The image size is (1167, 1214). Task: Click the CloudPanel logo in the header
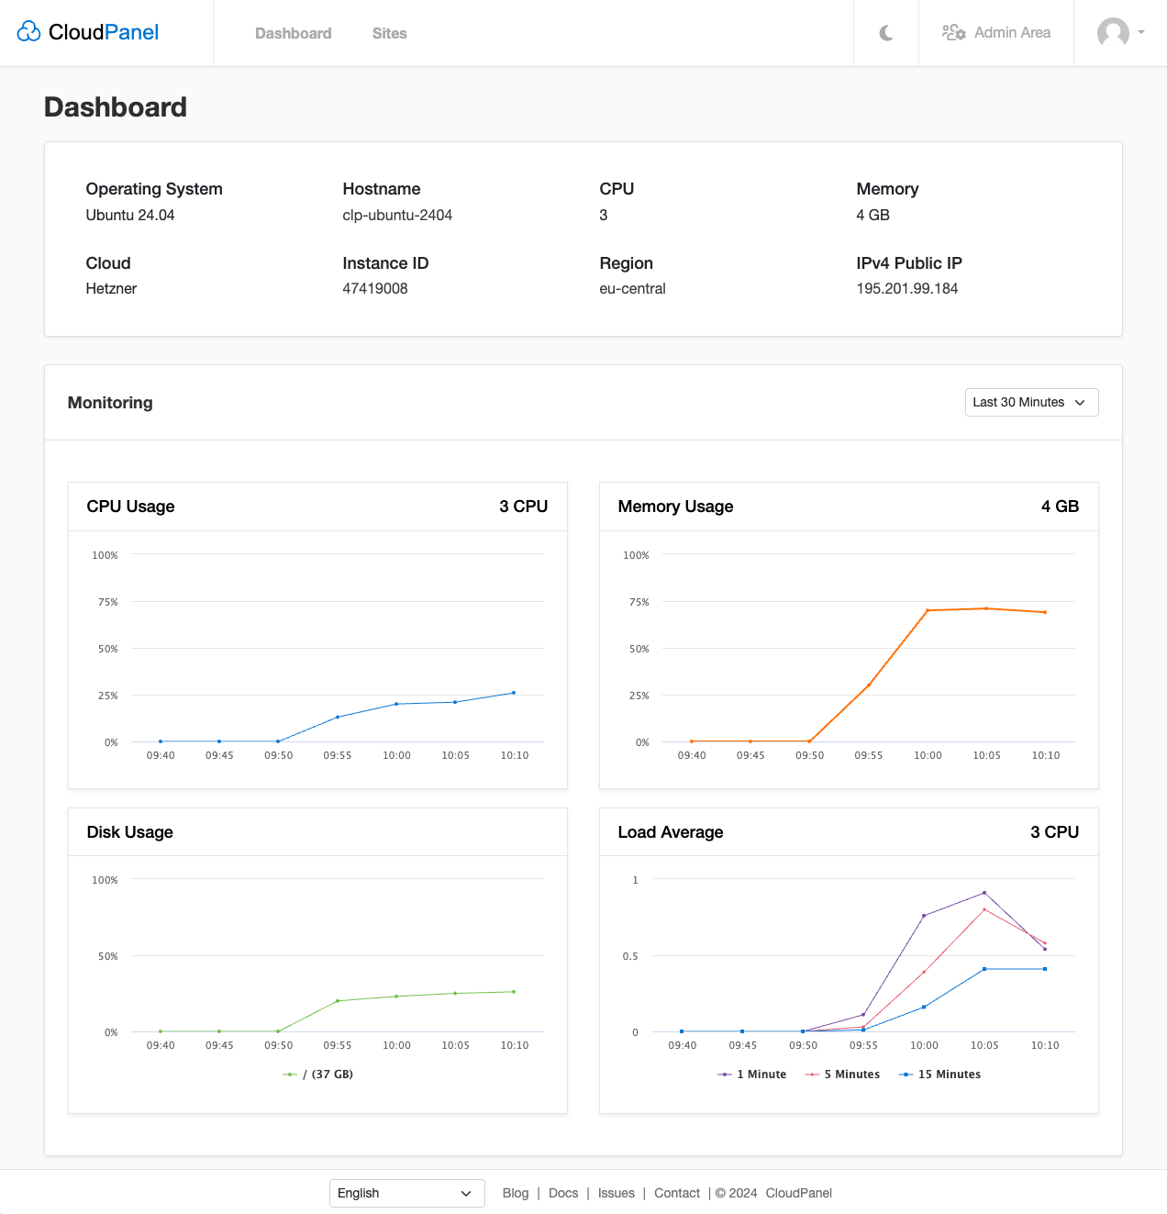(x=88, y=32)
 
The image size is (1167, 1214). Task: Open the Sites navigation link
(x=389, y=33)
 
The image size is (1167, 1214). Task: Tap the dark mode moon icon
(x=886, y=33)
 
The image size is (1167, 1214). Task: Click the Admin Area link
(x=996, y=33)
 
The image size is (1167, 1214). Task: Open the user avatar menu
(x=1120, y=33)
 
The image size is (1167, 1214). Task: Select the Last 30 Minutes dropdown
(x=1031, y=402)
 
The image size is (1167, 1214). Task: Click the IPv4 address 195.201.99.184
(x=906, y=288)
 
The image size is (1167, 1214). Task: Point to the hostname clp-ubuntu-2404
(x=397, y=215)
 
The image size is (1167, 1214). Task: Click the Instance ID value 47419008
(x=375, y=288)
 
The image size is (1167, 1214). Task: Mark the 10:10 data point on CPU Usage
(x=514, y=693)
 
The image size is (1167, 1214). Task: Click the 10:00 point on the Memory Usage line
(x=928, y=610)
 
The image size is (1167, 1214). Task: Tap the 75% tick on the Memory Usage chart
(x=639, y=602)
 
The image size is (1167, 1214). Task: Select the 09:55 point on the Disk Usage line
(x=338, y=1000)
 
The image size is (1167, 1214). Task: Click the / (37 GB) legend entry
(x=318, y=1075)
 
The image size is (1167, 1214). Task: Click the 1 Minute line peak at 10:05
(x=984, y=892)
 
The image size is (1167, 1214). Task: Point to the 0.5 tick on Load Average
(x=630, y=956)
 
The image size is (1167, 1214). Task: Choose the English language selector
(x=406, y=1193)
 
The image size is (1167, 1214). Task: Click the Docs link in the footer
(x=563, y=1193)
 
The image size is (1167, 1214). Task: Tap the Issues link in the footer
(x=616, y=1193)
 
